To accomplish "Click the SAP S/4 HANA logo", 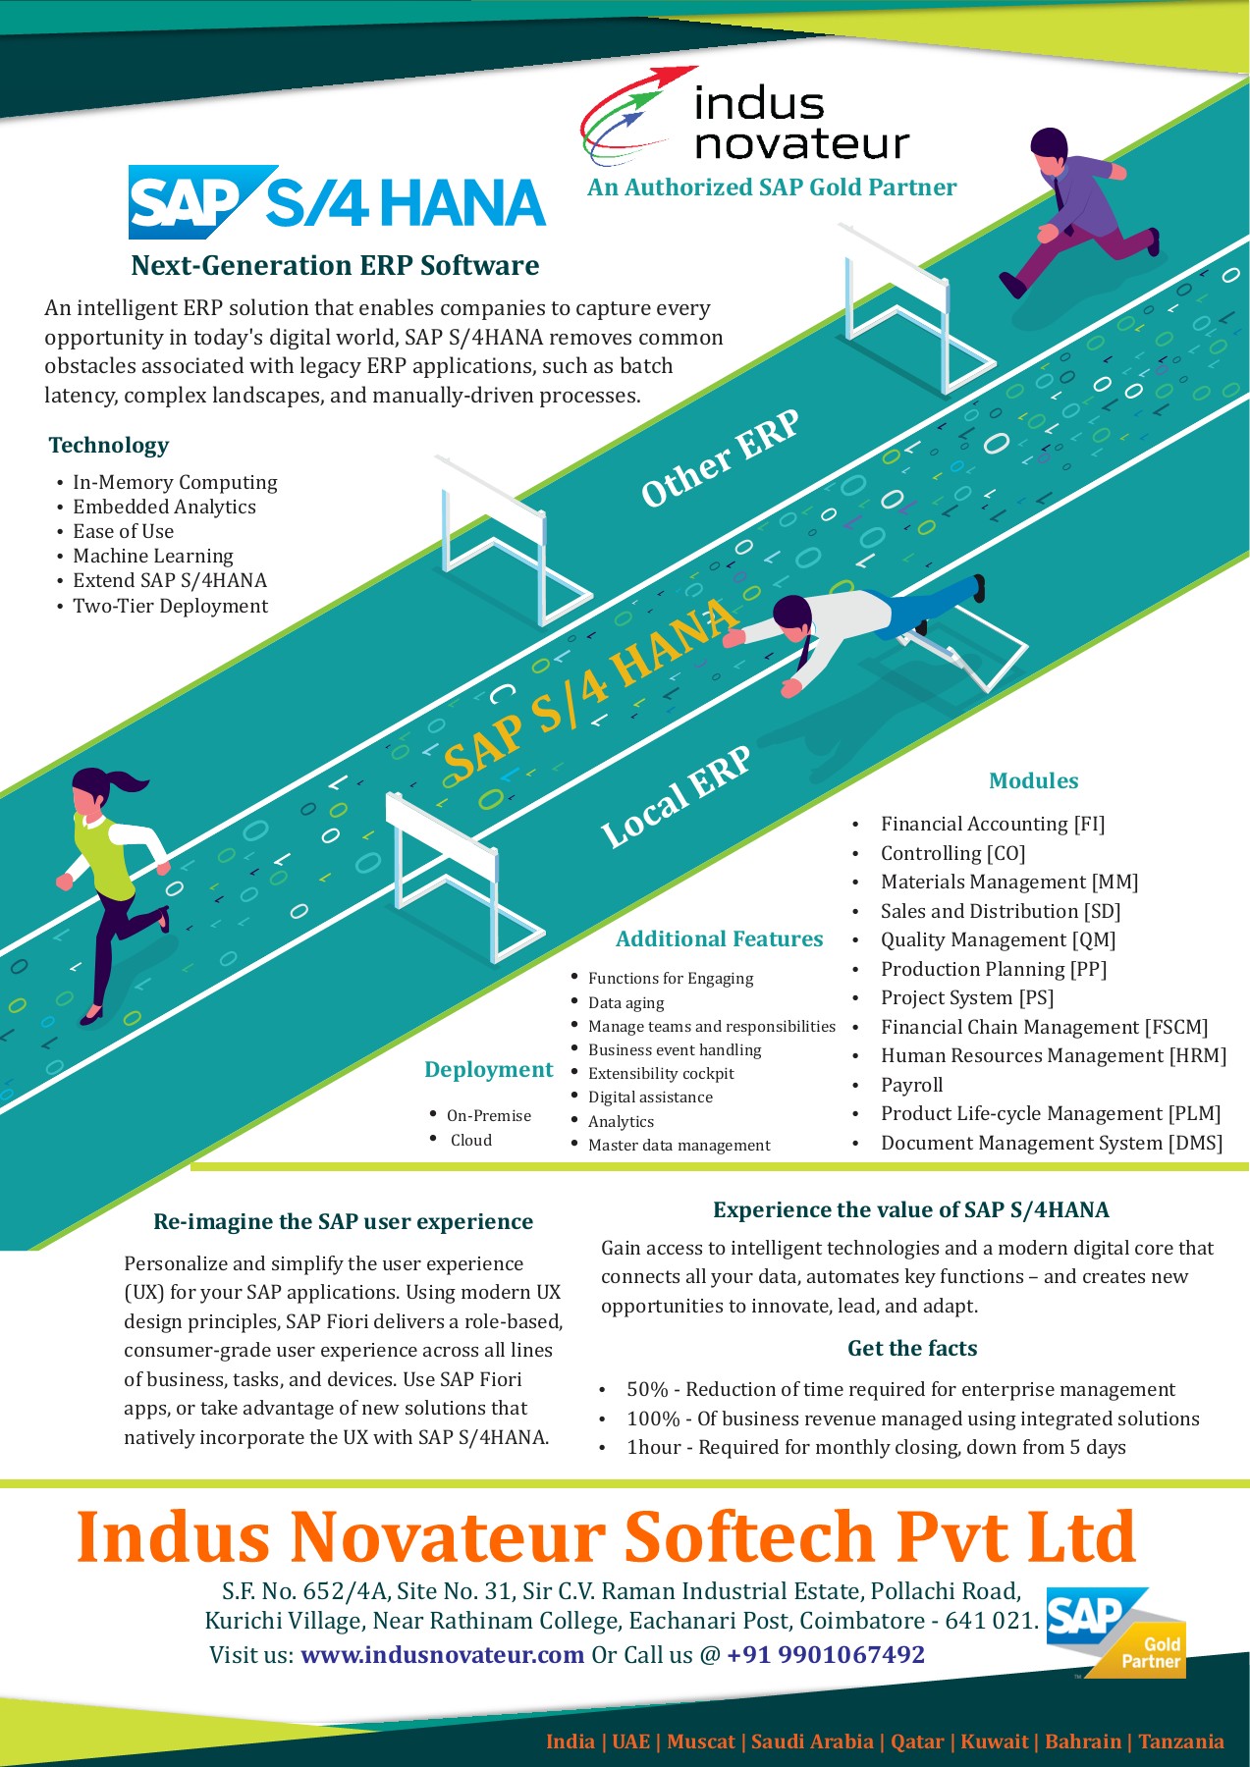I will (337, 202).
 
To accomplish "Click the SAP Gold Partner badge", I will (1115, 1633).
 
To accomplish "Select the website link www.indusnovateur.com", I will (442, 1655).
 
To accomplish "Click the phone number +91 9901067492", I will (826, 1655).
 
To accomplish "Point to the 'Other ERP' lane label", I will (720, 458).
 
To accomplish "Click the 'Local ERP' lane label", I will (676, 796).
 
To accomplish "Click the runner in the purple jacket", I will (1075, 209).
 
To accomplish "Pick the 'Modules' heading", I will (1033, 781).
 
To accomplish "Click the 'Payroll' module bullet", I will (911, 1085).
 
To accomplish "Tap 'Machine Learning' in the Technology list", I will (153, 556).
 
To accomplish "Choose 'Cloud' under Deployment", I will (471, 1140).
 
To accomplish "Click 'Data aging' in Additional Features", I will (625, 1002).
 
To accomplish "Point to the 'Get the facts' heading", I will (912, 1349).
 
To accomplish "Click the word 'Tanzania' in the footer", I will (1180, 1741).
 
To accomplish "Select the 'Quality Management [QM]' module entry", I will (998, 940).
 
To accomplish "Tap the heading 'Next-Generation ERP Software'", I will (335, 266).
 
